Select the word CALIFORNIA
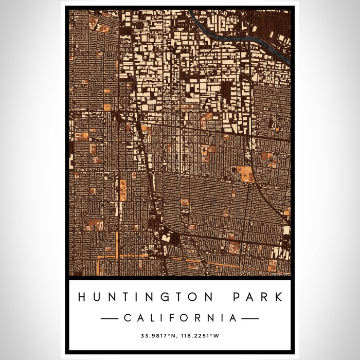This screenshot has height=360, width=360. [180, 318]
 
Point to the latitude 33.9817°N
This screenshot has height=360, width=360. [158, 336]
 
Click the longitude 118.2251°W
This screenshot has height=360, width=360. [201, 336]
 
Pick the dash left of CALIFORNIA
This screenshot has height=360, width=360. [110, 319]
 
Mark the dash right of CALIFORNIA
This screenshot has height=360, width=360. [250, 319]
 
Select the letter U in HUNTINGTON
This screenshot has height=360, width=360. [96, 297]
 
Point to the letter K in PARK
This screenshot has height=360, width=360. [278, 297]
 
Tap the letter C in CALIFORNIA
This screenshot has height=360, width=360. [127, 318]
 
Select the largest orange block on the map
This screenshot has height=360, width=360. [245, 173]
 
